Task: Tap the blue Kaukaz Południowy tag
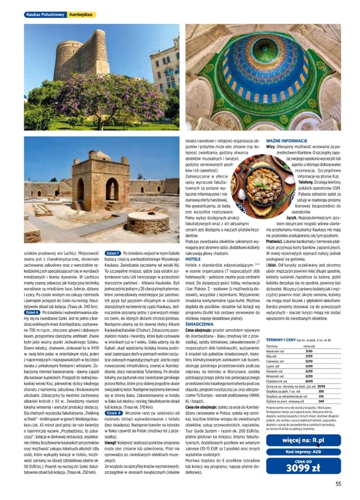click(x=45, y=15)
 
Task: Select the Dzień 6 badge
click(x=32, y=312)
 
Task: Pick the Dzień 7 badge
click(x=112, y=253)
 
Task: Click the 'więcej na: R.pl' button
click(x=303, y=440)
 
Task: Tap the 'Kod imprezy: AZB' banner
click(x=303, y=451)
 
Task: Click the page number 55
click(x=338, y=484)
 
